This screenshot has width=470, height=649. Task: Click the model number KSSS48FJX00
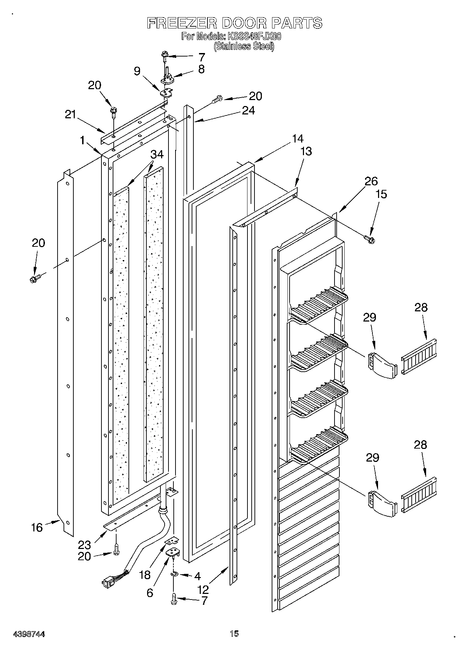[254, 36]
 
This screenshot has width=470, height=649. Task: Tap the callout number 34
[157, 154]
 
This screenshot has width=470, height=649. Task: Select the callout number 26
[371, 181]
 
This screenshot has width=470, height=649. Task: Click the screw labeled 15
[369, 239]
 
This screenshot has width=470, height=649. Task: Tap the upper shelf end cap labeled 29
[382, 366]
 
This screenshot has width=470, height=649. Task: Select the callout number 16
[37, 527]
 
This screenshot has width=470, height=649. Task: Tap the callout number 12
[203, 589]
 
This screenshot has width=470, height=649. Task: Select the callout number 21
[71, 114]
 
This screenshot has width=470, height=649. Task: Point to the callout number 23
[85, 544]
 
